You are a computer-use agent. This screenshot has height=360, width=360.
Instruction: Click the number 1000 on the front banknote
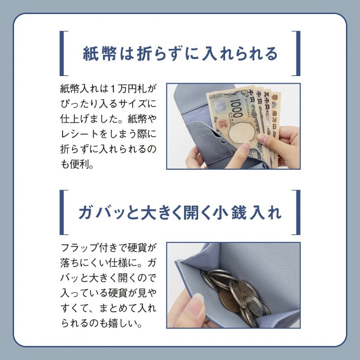coord(235,108)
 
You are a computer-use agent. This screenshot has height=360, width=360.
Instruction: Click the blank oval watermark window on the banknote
coord(242,133)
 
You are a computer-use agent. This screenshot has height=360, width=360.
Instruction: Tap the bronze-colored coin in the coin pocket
coord(229,301)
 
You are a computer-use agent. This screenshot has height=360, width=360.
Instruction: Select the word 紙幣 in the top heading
coord(99,54)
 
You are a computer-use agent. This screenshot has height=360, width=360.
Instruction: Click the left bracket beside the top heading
coord(63,53)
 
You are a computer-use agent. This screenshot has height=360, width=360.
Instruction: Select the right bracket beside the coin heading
coord(296,212)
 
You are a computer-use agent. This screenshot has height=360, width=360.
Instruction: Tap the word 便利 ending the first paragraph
coord(80,164)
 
